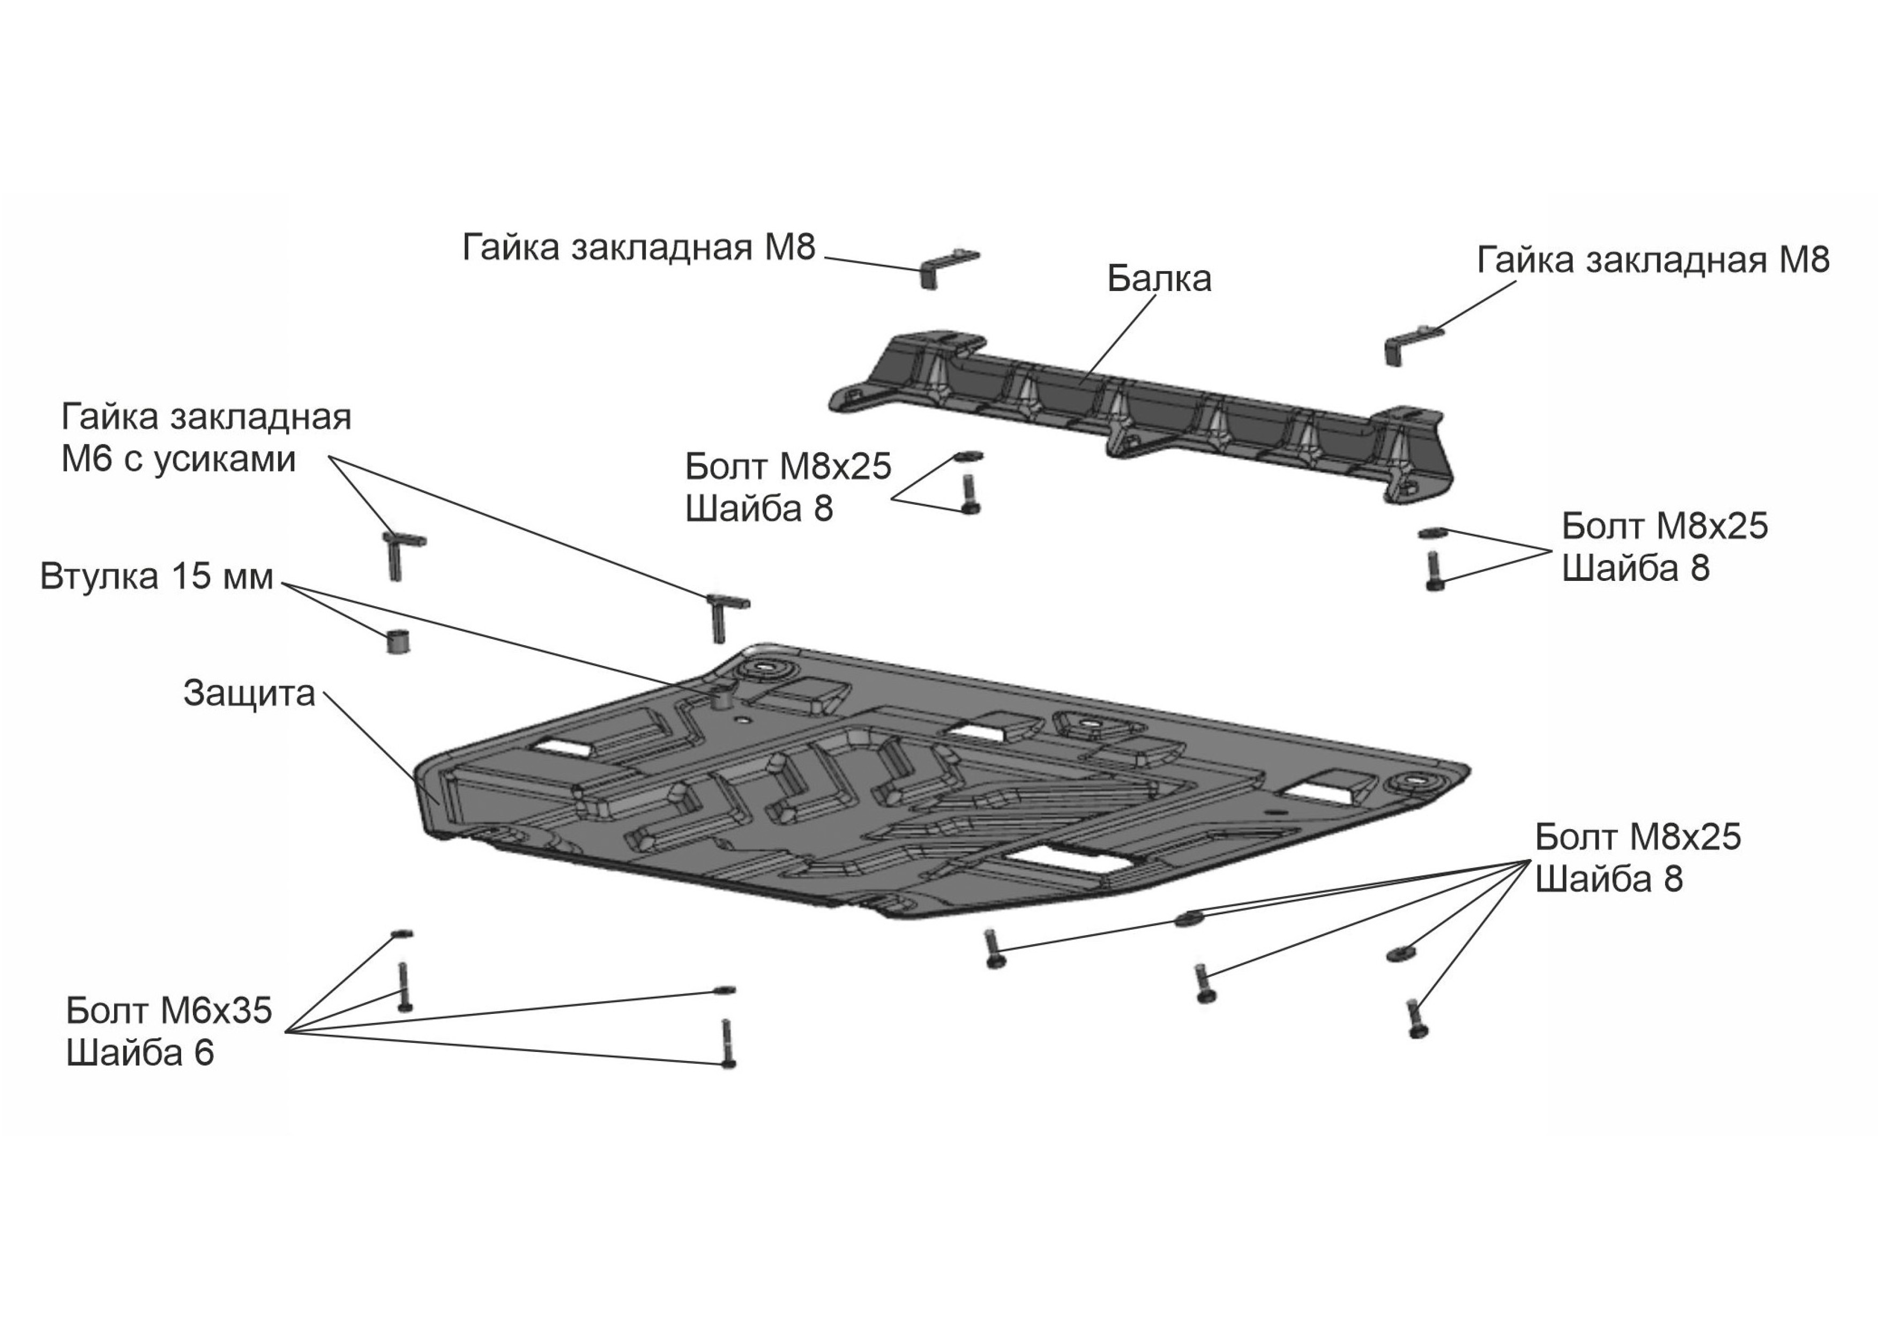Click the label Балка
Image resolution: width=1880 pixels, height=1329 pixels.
pos(1159,279)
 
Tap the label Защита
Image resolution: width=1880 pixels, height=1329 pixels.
pos(249,693)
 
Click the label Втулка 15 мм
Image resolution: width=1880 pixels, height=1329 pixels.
pos(156,577)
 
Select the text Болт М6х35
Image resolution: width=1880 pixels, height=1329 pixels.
pos(169,1011)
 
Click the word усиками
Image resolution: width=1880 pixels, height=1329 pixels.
pos(222,459)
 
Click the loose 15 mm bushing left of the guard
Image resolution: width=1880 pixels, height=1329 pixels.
pos(397,640)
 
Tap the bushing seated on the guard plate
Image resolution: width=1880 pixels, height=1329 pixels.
pos(723,699)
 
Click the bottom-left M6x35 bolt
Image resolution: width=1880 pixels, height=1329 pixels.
pos(404,988)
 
